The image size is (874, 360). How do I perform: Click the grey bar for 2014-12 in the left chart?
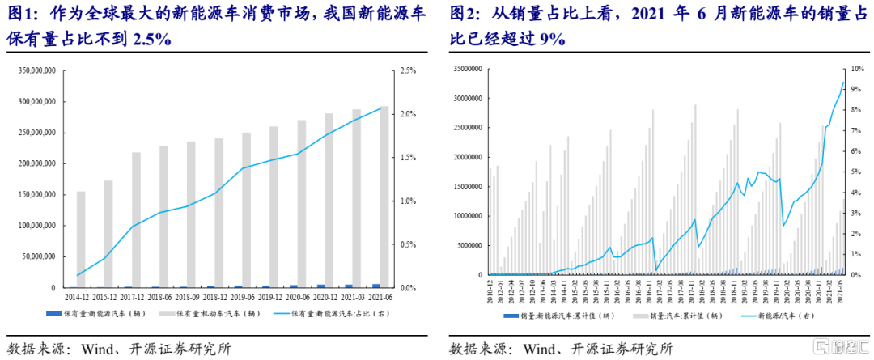(x=81, y=239)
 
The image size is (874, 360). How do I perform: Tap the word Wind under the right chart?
(x=541, y=349)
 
